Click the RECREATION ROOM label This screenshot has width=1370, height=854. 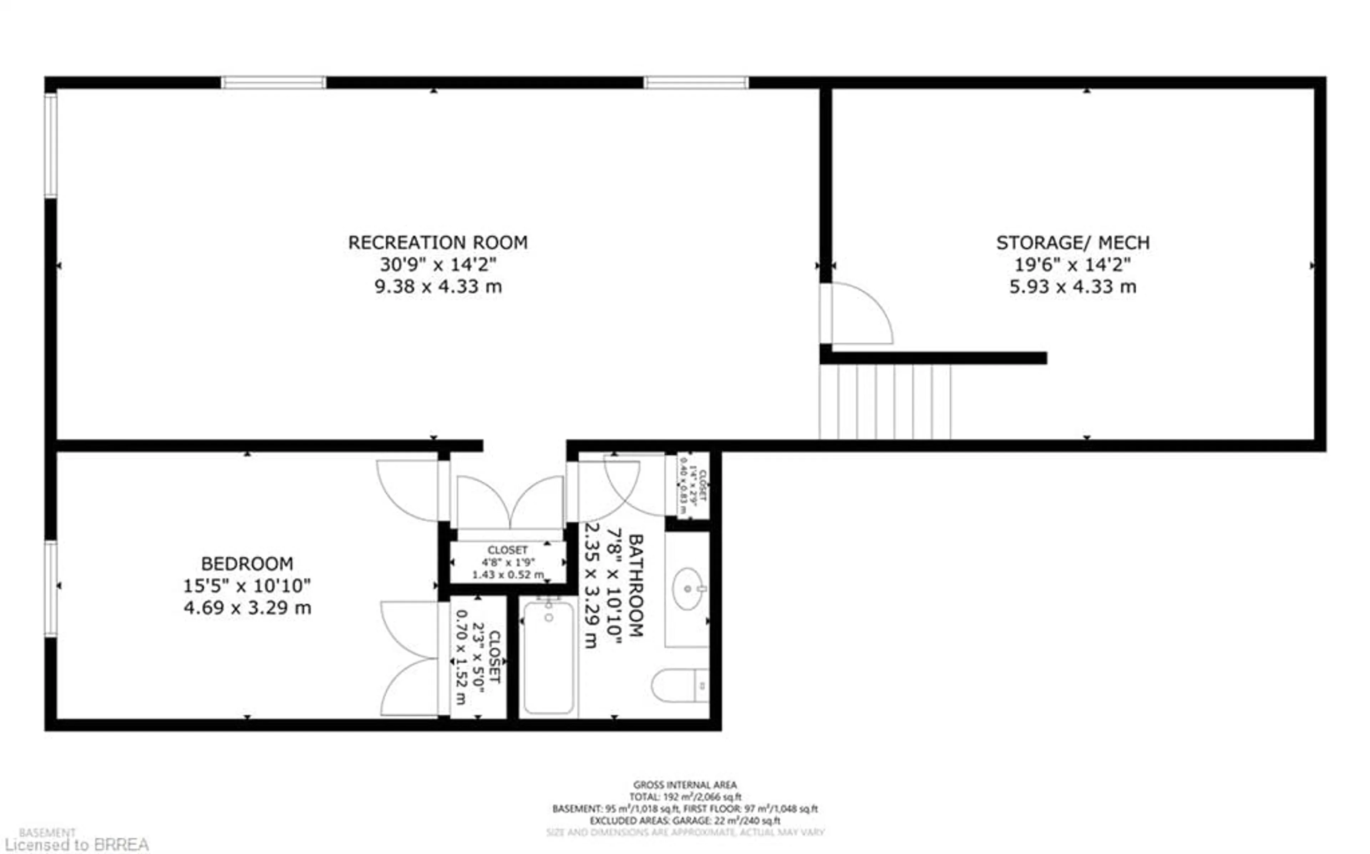(438, 243)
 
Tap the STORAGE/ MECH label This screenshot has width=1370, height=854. (1072, 243)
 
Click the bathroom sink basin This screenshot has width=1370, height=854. (687, 589)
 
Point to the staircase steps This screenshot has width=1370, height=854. (885, 402)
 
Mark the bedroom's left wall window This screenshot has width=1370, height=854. (51, 589)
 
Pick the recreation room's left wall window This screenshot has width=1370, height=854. (51, 145)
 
